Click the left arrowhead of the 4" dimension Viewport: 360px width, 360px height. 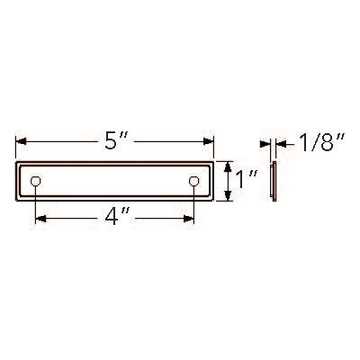[x=40, y=219]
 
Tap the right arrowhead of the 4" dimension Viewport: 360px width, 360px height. [x=189, y=219]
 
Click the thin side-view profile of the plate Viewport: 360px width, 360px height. [x=274, y=181]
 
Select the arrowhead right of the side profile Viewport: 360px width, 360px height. [x=280, y=143]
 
